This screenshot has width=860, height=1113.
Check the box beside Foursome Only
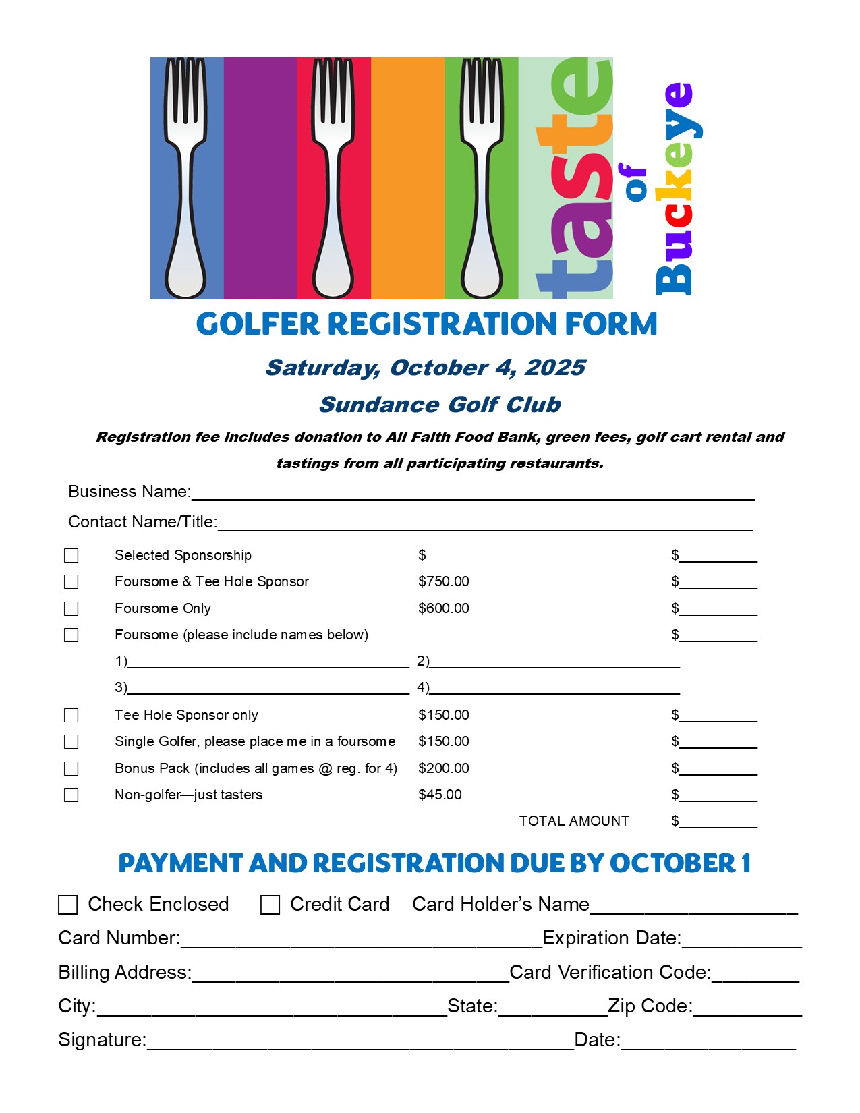click(71, 608)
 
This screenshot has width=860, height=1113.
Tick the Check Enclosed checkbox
click(68, 905)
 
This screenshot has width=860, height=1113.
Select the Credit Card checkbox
click(270, 905)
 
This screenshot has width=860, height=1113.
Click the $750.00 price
click(443, 581)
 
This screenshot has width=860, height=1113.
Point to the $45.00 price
click(440, 795)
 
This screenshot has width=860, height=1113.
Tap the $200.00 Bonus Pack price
click(443, 768)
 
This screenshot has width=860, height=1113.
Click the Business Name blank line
click(472, 494)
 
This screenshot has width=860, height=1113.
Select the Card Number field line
click(361, 941)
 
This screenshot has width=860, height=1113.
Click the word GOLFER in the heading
click(257, 324)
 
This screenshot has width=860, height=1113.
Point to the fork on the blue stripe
click(185, 179)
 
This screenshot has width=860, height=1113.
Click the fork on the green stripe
click(482, 179)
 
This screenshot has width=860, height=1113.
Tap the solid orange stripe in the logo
click(407, 179)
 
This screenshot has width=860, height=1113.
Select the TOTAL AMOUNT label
click(573, 821)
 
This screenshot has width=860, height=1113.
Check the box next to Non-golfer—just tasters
click(71, 795)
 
